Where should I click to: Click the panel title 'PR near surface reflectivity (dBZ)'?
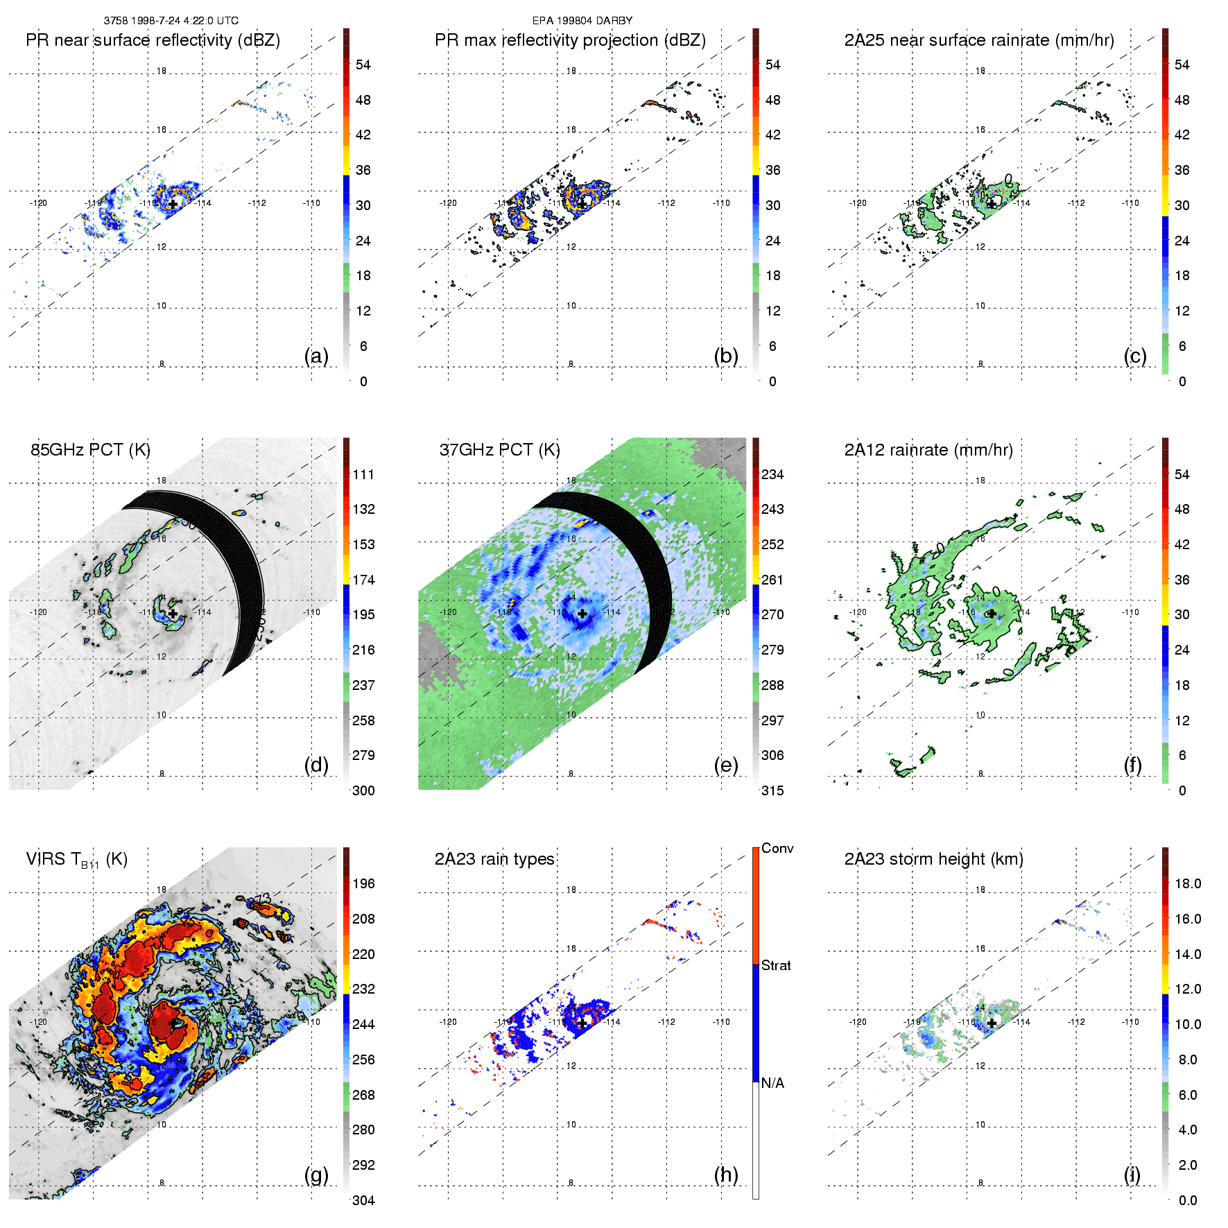click(x=153, y=40)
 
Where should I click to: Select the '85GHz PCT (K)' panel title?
click(x=90, y=450)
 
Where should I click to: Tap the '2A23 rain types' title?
click(x=494, y=859)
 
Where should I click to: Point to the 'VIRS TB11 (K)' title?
click(x=76, y=860)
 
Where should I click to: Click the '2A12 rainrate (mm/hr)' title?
click(x=928, y=450)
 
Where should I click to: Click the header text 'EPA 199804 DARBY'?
click(x=582, y=21)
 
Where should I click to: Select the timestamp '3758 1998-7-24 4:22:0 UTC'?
click(x=171, y=21)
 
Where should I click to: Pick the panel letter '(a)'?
click(x=316, y=356)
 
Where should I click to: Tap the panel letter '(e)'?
click(x=726, y=765)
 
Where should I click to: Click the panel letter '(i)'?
click(x=1132, y=1175)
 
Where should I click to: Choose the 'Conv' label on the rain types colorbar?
click(x=777, y=849)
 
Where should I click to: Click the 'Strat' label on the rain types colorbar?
click(x=776, y=966)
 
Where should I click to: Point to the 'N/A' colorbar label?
click(x=772, y=1083)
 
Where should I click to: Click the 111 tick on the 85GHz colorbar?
click(x=363, y=475)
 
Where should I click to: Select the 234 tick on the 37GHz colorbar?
click(x=772, y=475)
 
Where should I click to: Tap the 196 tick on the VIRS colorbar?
click(x=363, y=884)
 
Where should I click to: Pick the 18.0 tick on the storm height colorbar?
click(x=1188, y=884)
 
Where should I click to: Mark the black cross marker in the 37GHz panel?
click(x=582, y=614)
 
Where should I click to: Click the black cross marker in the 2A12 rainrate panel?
click(x=992, y=614)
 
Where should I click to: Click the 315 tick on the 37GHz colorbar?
click(x=772, y=790)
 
